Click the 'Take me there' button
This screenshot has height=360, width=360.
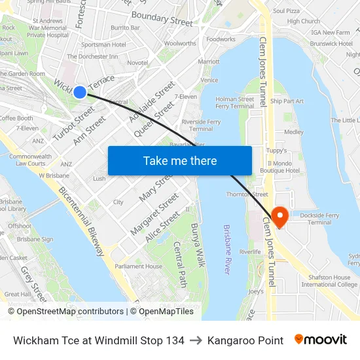(x=180, y=160)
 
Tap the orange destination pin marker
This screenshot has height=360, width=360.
(x=279, y=217)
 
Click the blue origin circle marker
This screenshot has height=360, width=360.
(x=79, y=92)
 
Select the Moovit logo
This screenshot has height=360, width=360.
(x=321, y=340)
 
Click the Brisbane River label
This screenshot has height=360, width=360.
(x=227, y=249)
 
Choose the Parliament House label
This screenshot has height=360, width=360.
(x=138, y=266)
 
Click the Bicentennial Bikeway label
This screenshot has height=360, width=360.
(x=81, y=222)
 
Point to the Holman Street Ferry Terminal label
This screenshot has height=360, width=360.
(x=234, y=103)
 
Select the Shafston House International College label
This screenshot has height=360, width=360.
(x=329, y=281)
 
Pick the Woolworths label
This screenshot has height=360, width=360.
(x=180, y=44)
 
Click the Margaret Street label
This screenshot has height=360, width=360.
(x=154, y=214)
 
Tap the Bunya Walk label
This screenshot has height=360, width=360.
(x=198, y=244)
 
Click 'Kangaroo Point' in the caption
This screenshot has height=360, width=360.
(x=245, y=340)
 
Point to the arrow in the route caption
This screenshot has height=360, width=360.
(x=196, y=340)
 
